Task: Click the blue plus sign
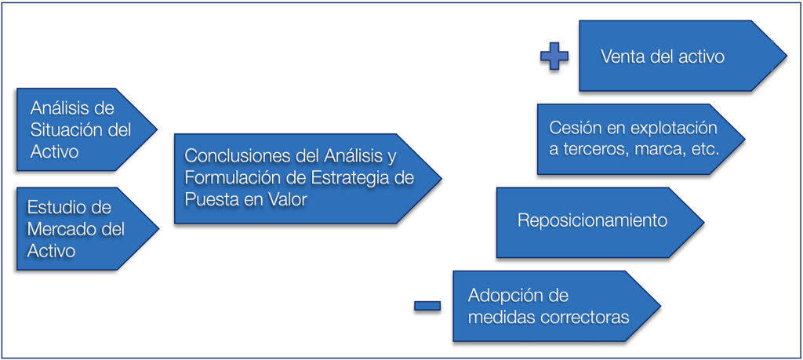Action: point(554,56)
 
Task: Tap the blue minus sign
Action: point(427,306)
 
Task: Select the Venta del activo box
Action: point(683,56)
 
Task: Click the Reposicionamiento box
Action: point(600,222)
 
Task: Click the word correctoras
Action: point(585,318)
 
